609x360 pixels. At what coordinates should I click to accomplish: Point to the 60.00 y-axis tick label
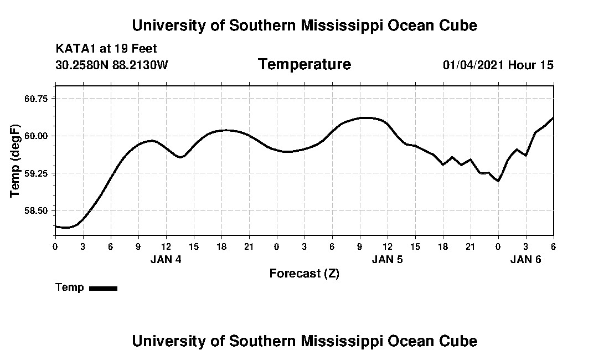click(x=37, y=136)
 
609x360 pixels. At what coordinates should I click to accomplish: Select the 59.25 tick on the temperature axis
click(x=37, y=173)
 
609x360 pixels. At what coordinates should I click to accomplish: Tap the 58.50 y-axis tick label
click(x=37, y=211)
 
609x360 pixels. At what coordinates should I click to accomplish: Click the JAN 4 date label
click(x=166, y=260)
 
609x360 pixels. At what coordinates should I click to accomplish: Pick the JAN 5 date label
click(x=387, y=260)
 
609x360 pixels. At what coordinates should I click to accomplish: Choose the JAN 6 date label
click(x=525, y=260)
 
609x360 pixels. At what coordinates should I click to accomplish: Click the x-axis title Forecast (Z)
click(x=304, y=274)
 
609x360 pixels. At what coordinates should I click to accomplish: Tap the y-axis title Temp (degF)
click(x=16, y=161)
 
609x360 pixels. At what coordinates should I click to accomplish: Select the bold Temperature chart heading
click(x=304, y=65)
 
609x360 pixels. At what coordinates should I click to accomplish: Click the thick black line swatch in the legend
click(x=103, y=288)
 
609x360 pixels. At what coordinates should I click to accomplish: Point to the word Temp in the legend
click(x=70, y=287)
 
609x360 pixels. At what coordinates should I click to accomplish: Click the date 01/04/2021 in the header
click(x=473, y=65)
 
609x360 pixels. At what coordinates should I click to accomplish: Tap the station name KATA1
click(x=76, y=49)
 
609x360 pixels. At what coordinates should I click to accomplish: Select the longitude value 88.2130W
click(x=140, y=65)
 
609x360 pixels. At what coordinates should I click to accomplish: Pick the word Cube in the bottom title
click(x=461, y=341)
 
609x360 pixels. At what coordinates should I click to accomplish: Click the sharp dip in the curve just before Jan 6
click(x=498, y=181)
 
